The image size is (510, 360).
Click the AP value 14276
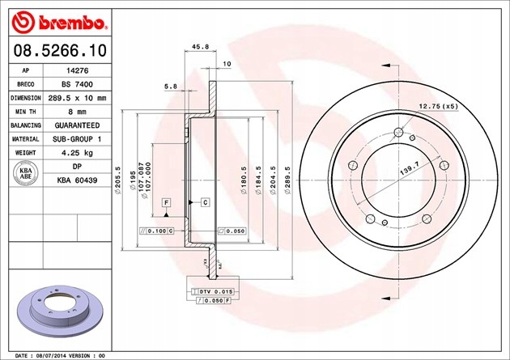point(77,70)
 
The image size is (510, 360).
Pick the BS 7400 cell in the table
point(77,84)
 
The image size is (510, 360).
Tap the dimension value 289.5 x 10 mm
point(77,98)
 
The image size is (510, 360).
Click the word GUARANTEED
point(77,125)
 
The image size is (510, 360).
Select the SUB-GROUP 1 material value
point(77,139)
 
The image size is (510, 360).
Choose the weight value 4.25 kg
point(77,153)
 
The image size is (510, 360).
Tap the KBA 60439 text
point(77,180)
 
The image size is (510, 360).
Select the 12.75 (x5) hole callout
point(438,107)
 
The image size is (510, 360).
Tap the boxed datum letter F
point(165,201)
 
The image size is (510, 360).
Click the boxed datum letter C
point(205,201)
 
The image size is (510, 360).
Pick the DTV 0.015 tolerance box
point(209,290)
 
